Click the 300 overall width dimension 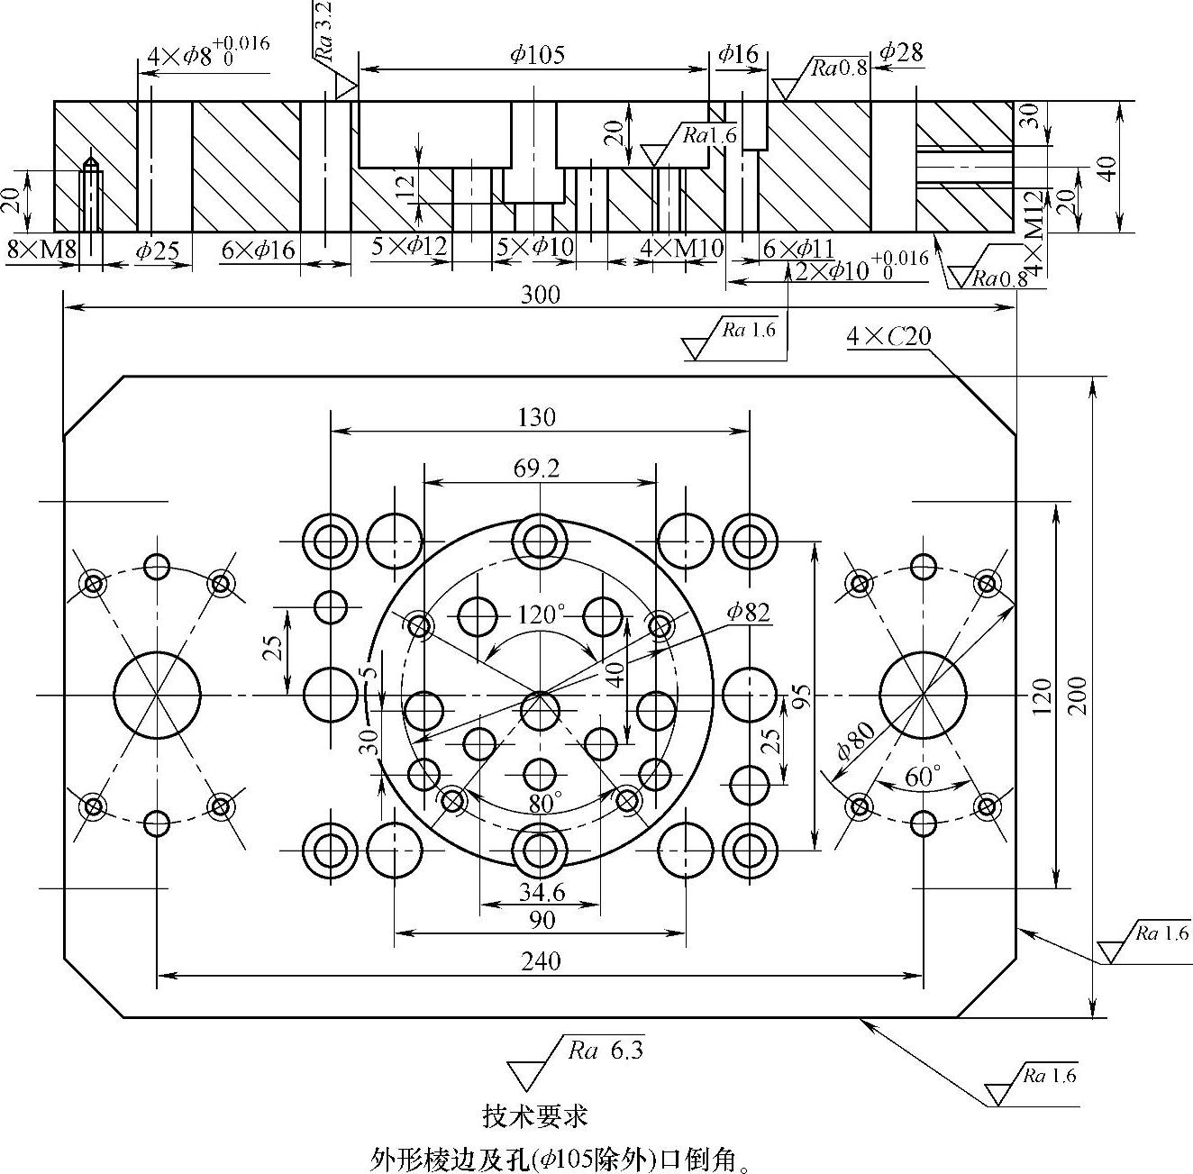point(541,295)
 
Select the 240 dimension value point(541,960)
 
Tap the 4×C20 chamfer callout point(888,337)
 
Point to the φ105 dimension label point(537,55)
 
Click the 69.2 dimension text point(537,469)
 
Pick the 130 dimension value point(537,417)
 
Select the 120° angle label point(541,614)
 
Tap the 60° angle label point(923,776)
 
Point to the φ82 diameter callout point(749,613)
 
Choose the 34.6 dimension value point(542,892)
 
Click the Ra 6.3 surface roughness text point(606,1051)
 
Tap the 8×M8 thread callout point(41,250)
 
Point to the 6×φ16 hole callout point(258,250)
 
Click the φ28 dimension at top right point(901,52)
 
